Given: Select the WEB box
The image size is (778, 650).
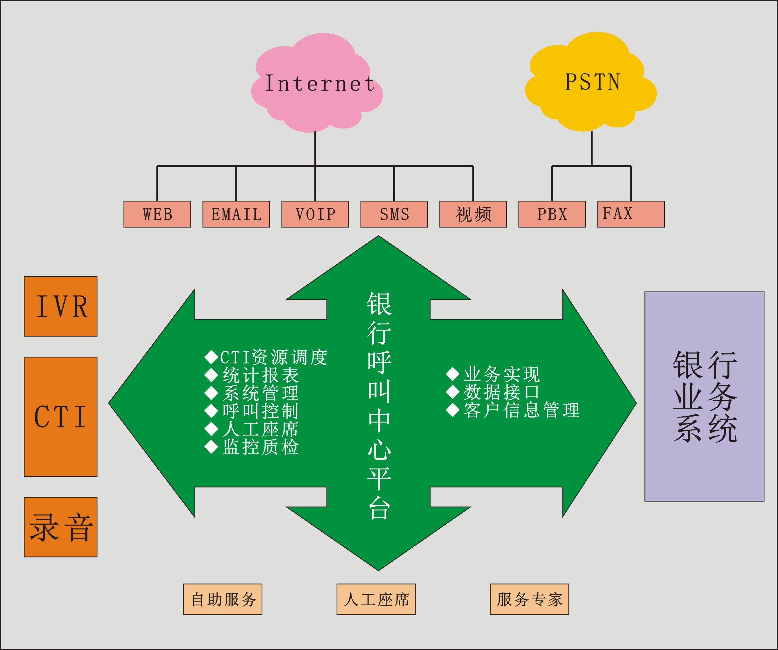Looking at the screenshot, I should pyautogui.click(x=157, y=214).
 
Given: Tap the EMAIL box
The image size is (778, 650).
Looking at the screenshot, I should pyautogui.click(x=236, y=214).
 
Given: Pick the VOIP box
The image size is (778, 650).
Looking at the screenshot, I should pyautogui.click(x=315, y=214).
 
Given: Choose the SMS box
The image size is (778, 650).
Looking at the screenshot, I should pyautogui.click(x=394, y=214).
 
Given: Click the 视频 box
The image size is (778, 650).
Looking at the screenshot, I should pyautogui.click(x=473, y=214).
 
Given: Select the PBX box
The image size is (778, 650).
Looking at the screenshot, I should pyautogui.click(x=552, y=214).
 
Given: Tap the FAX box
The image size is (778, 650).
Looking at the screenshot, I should pyautogui.click(x=631, y=214).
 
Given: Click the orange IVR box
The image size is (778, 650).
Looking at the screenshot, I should pyautogui.click(x=61, y=307).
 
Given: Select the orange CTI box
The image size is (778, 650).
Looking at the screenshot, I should pyautogui.click(x=61, y=417).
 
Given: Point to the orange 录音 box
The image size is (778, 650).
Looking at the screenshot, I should pyautogui.click(x=61, y=527).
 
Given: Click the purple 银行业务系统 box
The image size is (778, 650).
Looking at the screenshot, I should pyautogui.click(x=704, y=396).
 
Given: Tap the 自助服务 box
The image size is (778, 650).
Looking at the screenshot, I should pyautogui.click(x=223, y=599).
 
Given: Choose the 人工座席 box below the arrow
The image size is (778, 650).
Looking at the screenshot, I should pyautogui.click(x=376, y=599).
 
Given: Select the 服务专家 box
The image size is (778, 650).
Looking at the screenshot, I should pyautogui.click(x=529, y=599).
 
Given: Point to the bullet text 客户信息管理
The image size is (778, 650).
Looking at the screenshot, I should pyautogui.click(x=521, y=410).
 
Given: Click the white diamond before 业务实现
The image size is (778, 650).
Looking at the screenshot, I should pyautogui.click(x=452, y=374).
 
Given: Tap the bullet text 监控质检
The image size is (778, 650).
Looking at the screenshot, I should pyautogui.click(x=260, y=447).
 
